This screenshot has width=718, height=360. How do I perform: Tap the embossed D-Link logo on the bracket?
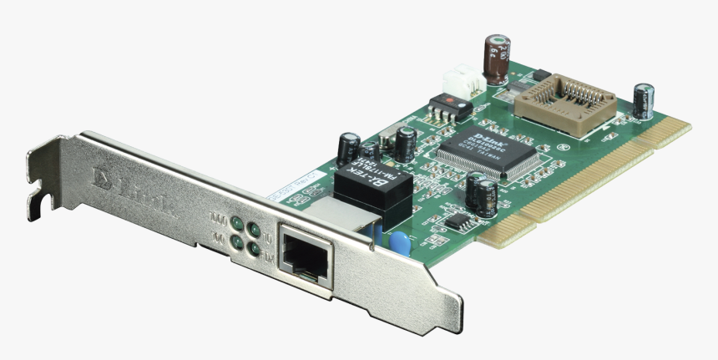[x=134, y=193]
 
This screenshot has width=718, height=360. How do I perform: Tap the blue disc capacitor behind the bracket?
[x=402, y=243]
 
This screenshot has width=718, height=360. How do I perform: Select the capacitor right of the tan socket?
[x=643, y=101]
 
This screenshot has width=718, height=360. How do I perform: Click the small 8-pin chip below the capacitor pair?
[x=458, y=221]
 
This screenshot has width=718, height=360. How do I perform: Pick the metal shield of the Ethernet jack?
[x=334, y=213]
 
